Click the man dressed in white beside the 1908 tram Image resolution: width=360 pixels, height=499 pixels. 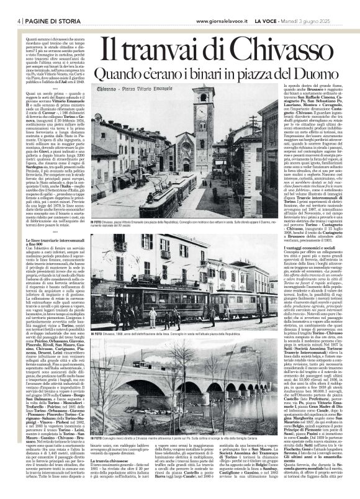point(153,317)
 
